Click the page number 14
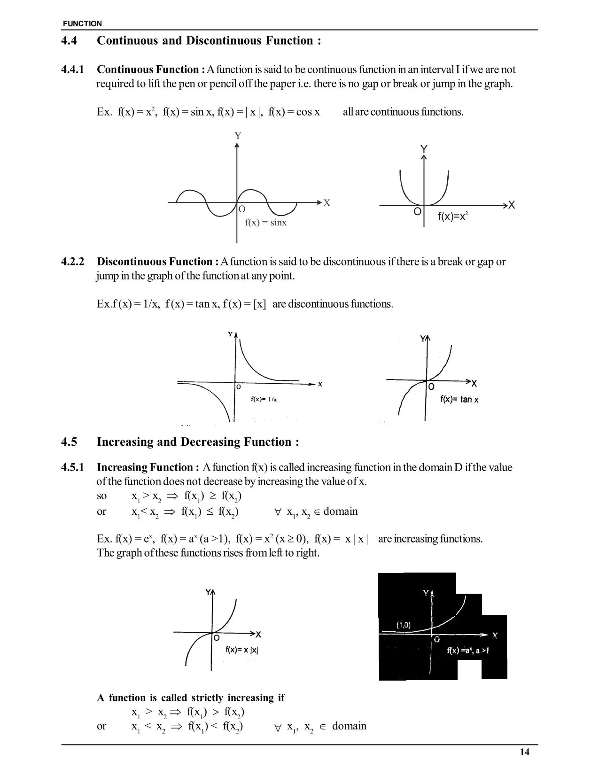point(524,752)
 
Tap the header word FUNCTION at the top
point(82,23)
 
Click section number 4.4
point(69,41)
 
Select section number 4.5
point(69,442)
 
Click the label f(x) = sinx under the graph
point(265,223)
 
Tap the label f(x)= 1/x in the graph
point(264,400)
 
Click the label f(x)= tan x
point(459,400)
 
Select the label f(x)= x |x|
point(241,650)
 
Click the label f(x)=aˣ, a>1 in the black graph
point(467,651)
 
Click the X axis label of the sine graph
point(327,203)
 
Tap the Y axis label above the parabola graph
point(424,149)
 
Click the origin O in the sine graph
point(242,209)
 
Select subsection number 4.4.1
point(73,70)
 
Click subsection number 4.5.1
point(73,467)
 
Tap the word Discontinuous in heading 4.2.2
point(132,262)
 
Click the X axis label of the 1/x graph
point(320,384)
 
